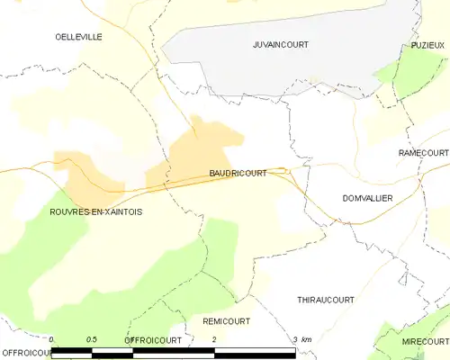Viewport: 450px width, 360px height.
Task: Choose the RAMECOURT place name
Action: pos(423,154)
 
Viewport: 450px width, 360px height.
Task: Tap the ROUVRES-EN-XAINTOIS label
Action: pos(96,211)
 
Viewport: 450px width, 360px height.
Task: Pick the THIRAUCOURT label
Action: pos(325,299)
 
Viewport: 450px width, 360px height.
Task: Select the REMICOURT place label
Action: pos(227,320)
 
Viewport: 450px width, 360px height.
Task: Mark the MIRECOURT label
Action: pos(425,342)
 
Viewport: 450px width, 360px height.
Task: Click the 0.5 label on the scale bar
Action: pos(91,339)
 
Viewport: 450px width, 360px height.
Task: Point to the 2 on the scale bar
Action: pos(213,339)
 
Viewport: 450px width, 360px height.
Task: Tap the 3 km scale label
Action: pos(301,339)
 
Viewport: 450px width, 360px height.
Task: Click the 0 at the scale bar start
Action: pos(51,339)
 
